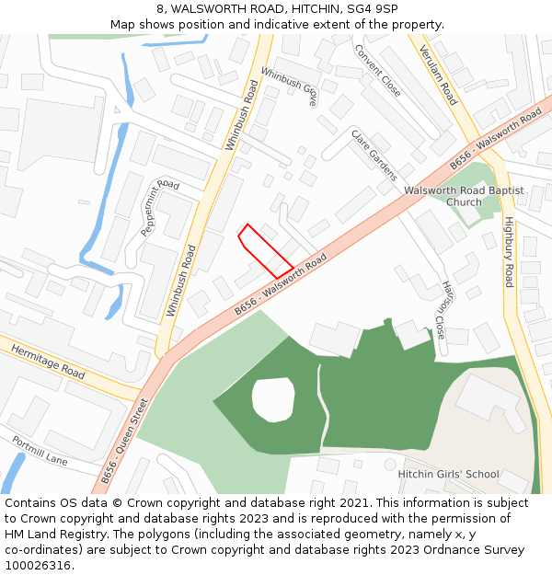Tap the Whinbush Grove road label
pos(289,85)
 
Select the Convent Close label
pos(377,71)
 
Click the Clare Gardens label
pos(374,154)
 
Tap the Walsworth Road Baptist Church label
pos(464,196)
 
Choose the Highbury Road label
pos(509,251)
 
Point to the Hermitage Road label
pos(47,360)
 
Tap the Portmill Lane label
pos(40,450)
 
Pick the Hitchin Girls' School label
pos(448,475)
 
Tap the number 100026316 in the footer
pos(37,566)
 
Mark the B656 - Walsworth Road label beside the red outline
pos(281,287)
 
